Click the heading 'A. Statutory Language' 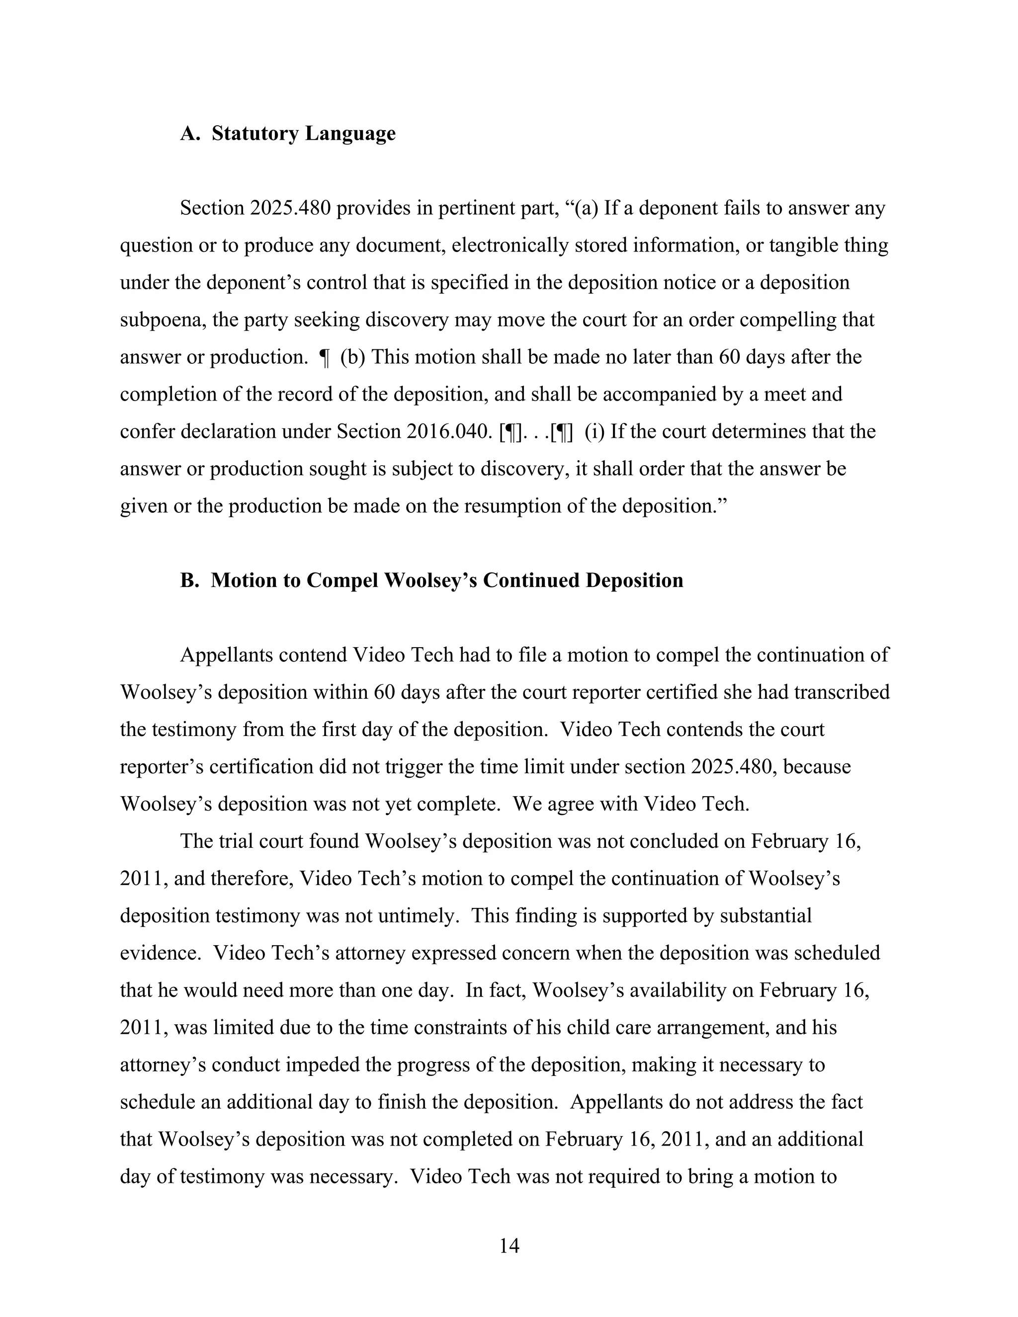coord(288,133)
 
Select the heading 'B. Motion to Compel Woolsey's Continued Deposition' coord(431,580)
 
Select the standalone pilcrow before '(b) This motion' coord(325,357)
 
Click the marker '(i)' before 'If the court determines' coord(594,431)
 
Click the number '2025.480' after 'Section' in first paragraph coord(289,208)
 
